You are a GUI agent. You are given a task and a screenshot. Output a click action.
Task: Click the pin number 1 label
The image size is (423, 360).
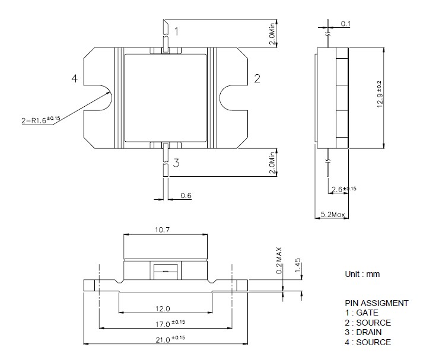[176, 29]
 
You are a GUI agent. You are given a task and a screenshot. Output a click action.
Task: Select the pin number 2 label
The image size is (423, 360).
[257, 79]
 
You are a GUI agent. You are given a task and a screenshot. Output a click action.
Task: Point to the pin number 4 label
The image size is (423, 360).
[74, 79]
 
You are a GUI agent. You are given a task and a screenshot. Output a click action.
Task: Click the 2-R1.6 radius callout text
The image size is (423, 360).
[41, 120]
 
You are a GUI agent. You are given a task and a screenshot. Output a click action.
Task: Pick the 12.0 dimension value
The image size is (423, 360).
[163, 309]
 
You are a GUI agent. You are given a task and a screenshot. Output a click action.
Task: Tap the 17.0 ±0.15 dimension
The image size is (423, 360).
[166, 324]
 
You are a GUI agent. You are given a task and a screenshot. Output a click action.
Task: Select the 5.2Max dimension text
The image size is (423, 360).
[333, 214]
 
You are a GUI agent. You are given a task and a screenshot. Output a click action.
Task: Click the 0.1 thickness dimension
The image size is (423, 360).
[346, 24]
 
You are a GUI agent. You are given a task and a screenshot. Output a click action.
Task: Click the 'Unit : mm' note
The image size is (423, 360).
[362, 274]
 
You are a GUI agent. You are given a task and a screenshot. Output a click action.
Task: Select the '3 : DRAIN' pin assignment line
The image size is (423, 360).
[366, 332]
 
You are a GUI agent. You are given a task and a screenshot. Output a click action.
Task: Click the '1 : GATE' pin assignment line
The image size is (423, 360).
[361, 313]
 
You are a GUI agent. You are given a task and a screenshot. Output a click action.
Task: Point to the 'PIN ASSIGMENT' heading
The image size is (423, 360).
[376, 303]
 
